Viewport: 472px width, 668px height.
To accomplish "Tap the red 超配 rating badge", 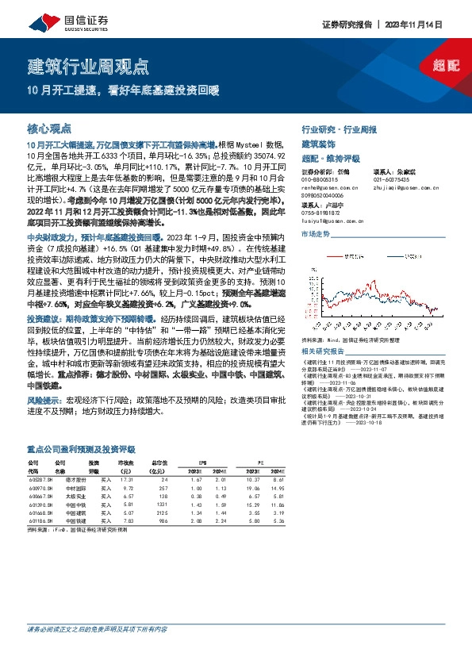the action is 446,65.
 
